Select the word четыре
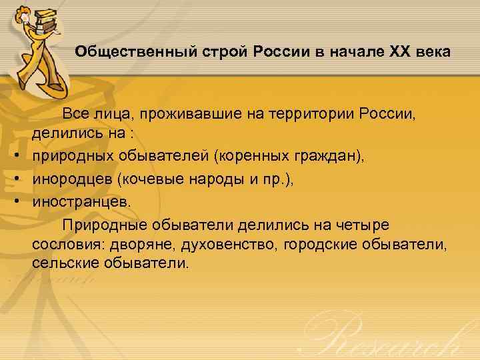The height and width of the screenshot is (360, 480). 357,222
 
